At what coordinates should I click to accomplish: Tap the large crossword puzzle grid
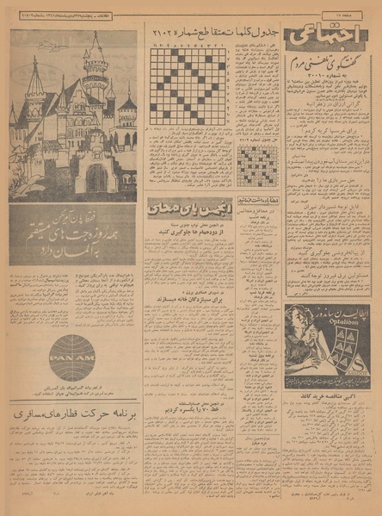point(188,86)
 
